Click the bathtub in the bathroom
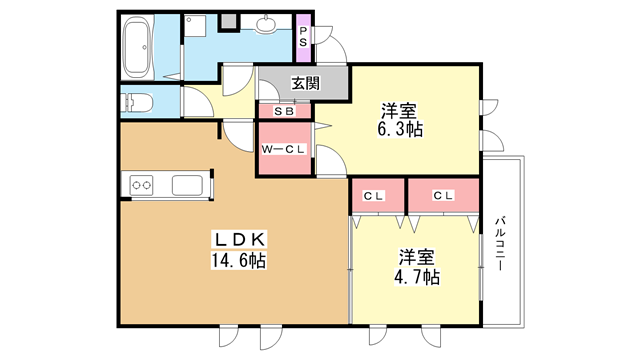click(x=138, y=47)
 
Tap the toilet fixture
click(x=137, y=102)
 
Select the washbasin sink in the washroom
click(x=267, y=23)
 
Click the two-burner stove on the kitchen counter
click(x=141, y=186)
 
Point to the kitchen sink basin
click(x=187, y=186)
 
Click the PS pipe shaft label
click(x=303, y=36)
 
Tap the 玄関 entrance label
click(x=305, y=83)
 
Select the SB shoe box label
click(x=284, y=111)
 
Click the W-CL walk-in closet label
click(x=283, y=149)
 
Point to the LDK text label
click(x=240, y=239)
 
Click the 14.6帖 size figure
click(x=239, y=260)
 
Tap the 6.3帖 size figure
click(x=400, y=129)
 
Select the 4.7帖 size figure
click(x=417, y=277)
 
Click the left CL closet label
click(x=373, y=196)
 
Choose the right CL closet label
click(x=443, y=196)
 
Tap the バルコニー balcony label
click(x=501, y=243)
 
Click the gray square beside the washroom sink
click(x=229, y=22)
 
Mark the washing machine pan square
click(x=195, y=26)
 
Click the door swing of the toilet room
click(x=198, y=102)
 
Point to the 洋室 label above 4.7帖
click(x=416, y=257)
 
